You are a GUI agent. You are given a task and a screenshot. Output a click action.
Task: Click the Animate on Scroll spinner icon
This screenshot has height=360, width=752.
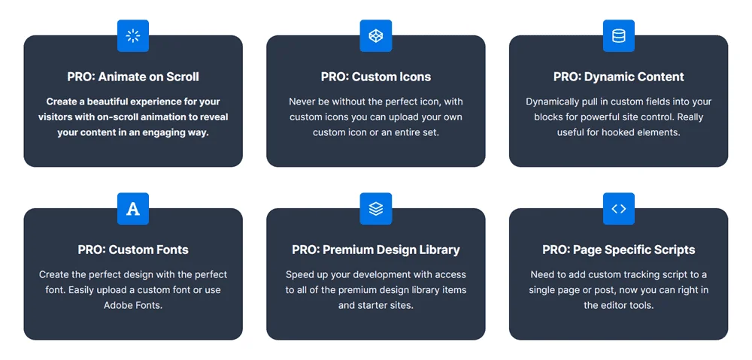[133, 35]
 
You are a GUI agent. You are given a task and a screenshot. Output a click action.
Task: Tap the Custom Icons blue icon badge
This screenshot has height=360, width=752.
[376, 35]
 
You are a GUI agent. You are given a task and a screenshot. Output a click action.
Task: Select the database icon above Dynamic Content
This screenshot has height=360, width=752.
[619, 35]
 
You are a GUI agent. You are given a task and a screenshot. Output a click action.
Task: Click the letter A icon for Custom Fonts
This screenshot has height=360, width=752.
[133, 209]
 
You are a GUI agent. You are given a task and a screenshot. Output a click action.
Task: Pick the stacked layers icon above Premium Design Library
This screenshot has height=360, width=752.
[376, 209]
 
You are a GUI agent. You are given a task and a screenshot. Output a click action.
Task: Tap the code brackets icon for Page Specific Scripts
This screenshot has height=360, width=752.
[619, 209]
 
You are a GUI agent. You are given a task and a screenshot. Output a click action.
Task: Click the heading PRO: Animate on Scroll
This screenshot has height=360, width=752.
[133, 77]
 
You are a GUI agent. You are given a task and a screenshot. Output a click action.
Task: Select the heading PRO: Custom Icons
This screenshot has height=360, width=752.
[376, 77]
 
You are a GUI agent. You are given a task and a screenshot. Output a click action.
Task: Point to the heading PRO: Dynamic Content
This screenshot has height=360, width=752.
[619, 77]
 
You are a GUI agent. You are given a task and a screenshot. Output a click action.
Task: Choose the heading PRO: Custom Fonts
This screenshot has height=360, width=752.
[133, 250]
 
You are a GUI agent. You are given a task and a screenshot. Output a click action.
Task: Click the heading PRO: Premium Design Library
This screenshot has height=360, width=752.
[376, 250]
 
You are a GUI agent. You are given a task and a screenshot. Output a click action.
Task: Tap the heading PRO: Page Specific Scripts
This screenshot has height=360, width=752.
[619, 250]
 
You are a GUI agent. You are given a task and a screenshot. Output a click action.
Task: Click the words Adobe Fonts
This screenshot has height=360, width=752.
[133, 305]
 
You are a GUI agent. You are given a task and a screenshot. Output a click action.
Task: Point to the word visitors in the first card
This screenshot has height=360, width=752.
[56, 117]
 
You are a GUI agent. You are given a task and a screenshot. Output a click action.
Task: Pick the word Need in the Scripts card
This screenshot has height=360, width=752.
[544, 274]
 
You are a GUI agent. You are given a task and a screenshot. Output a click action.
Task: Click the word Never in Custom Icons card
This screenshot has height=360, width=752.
[304, 101]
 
